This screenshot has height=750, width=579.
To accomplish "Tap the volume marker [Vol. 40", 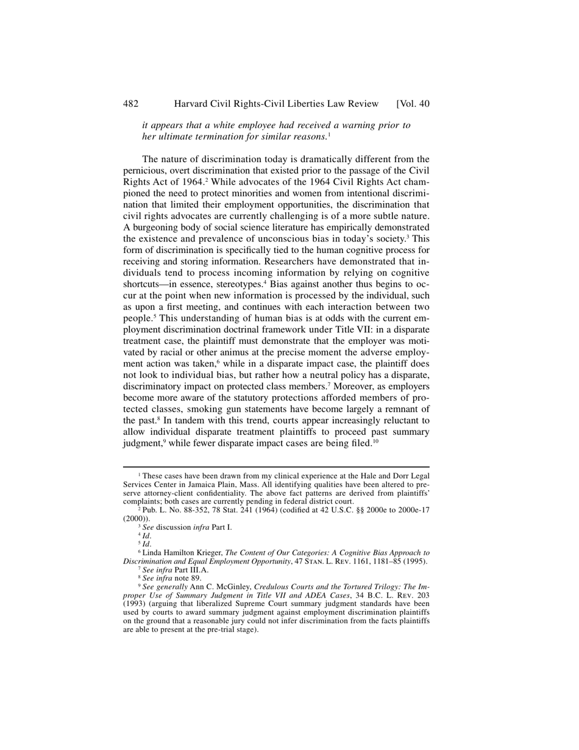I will pos(413,104).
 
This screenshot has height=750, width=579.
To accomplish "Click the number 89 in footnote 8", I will pos(196,578).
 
